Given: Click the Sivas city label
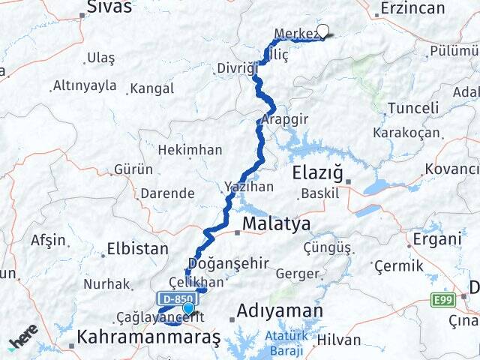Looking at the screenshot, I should tap(109, 7).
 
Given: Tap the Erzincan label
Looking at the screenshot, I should tap(412, 8).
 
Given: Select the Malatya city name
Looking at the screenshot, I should tap(276, 224).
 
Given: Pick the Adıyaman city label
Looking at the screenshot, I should tap(280, 310).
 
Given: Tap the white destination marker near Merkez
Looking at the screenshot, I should tap(322, 31).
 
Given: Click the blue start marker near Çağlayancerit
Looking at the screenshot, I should tap(188, 307).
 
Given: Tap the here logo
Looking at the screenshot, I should tap(23, 336).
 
